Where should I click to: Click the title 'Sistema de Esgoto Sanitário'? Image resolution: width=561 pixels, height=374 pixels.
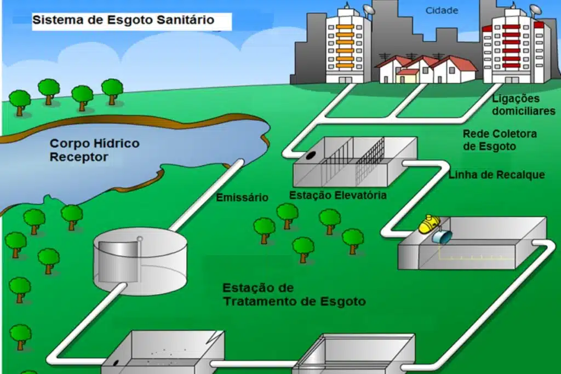coord(123,21)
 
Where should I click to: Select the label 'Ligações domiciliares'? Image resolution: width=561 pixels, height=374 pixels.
coord(524,105)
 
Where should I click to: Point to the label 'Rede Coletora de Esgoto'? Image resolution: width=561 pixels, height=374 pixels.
coord(500,140)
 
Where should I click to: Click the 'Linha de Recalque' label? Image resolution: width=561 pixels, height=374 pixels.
coord(496,175)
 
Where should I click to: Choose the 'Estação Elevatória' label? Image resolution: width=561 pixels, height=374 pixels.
coord(338,195)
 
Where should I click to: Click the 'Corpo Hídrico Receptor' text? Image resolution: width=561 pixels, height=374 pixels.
coord(94,151)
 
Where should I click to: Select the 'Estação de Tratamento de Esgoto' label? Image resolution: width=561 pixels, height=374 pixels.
coord(294,295)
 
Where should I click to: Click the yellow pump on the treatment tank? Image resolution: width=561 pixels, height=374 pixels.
coord(429,223)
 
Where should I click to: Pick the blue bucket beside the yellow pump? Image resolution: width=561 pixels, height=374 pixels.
coord(442,237)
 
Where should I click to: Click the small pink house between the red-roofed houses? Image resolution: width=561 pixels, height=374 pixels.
coord(407,76)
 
